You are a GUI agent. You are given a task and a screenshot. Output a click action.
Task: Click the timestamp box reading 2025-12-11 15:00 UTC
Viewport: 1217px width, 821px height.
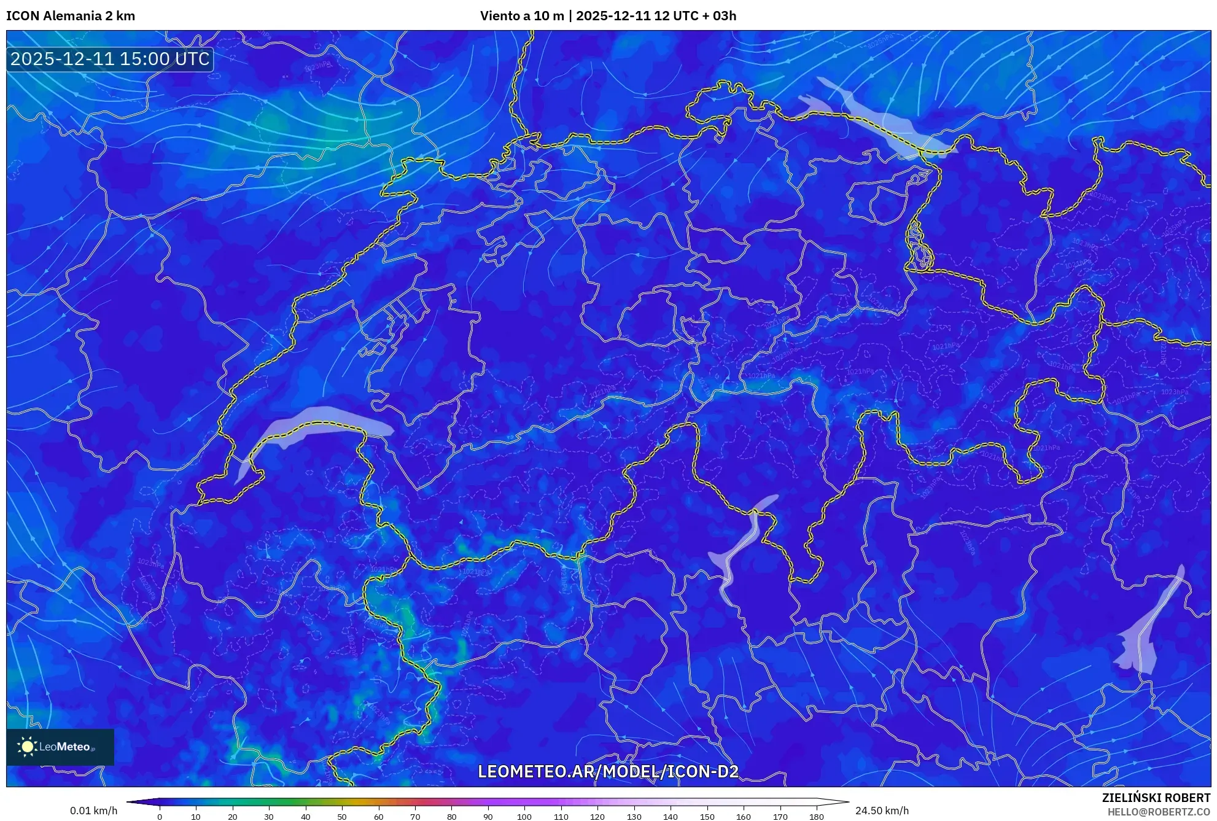[110, 59]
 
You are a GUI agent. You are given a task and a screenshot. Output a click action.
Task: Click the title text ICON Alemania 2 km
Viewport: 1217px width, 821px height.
[71, 16]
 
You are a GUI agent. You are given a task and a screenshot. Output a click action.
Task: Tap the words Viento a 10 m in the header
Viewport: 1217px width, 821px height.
[521, 16]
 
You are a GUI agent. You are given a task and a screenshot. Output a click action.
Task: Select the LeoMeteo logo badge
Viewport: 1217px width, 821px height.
[60, 747]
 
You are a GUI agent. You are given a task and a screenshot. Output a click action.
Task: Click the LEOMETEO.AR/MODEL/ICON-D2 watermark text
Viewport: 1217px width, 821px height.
[608, 771]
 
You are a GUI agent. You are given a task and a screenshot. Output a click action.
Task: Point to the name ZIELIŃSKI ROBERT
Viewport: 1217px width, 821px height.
[1156, 798]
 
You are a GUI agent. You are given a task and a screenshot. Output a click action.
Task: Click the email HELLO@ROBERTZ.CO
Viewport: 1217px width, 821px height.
[1158, 812]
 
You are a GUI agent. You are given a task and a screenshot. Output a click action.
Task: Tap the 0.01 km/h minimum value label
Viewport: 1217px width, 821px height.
[93, 811]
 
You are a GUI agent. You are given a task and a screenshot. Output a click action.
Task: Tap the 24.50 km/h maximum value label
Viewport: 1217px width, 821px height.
[882, 811]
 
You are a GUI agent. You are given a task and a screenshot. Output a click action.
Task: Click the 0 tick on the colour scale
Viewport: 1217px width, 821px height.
[160, 817]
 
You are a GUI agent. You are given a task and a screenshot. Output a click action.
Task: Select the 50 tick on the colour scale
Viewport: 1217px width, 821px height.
[342, 817]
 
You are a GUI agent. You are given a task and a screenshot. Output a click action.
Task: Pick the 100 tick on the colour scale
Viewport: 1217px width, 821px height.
[524, 817]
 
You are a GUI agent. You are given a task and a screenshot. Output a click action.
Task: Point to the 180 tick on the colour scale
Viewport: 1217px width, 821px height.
[816, 817]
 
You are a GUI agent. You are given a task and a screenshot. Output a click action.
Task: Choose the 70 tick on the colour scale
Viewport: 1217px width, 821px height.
[415, 817]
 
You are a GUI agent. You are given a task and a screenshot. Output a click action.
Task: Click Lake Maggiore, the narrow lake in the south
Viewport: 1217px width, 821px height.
[737, 553]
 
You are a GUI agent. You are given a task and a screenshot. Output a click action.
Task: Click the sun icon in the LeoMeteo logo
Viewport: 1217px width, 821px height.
[27, 747]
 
